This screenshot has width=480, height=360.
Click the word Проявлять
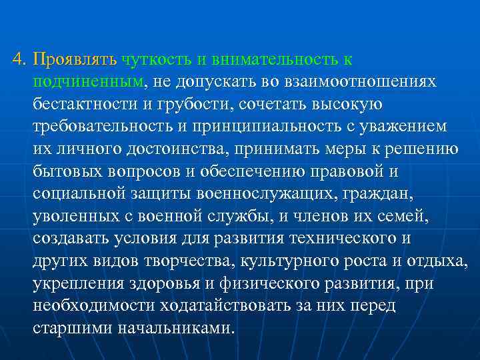tap(75, 60)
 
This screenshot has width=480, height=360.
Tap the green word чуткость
tap(155, 60)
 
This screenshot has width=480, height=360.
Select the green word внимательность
tap(275, 60)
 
